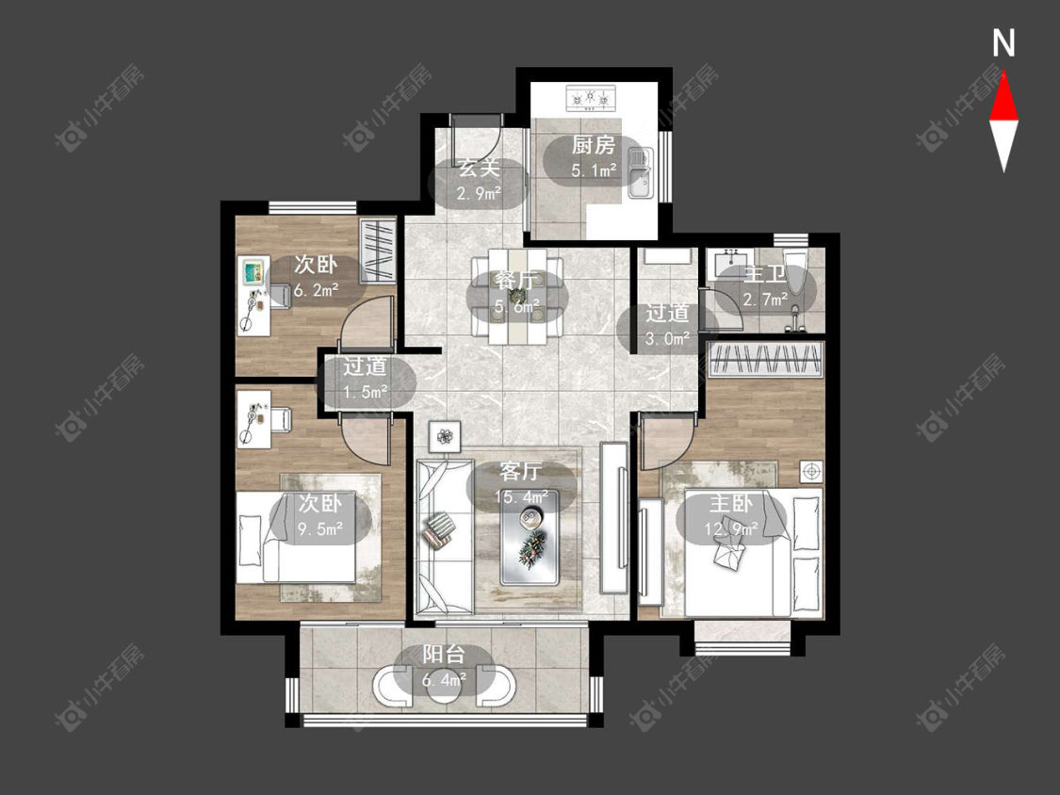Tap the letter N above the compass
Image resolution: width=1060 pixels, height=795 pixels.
pos(1003,43)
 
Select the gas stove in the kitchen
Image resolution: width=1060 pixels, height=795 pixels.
pos(591,98)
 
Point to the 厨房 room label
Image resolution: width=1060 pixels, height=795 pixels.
pos(594,145)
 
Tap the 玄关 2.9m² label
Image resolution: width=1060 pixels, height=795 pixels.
pos(479,181)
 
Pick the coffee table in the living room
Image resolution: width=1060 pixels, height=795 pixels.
pos(529,538)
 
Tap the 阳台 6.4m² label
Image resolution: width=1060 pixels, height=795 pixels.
pos(444,667)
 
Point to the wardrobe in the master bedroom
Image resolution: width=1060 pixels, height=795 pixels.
pos(766,359)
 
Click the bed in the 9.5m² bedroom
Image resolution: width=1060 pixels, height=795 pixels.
pos(296,538)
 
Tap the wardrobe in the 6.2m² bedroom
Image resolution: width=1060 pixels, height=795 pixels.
pos(377,251)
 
